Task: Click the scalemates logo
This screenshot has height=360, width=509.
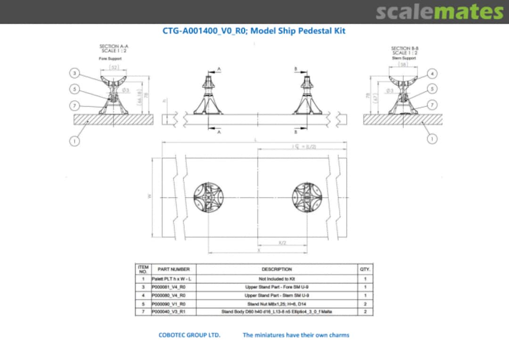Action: pyautogui.click(x=439, y=12)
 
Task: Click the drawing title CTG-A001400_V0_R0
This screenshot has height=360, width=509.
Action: pyautogui.click(x=254, y=31)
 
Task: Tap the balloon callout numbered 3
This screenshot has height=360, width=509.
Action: pyautogui.click(x=74, y=73)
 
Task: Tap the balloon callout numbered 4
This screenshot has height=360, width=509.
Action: pyautogui.click(x=433, y=73)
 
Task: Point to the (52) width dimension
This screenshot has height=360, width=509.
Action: pyautogui.click(x=114, y=67)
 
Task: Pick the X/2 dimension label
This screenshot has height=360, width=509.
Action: pyautogui.click(x=282, y=243)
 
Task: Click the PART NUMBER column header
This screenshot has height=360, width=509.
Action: pyautogui.click(x=173, y=270)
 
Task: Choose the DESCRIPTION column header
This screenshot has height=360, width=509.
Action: pyautogui.click(x=277, y=270)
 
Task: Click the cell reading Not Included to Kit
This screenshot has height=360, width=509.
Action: pyautogui.click(x=277, y=279)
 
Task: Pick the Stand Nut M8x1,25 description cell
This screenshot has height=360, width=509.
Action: pyautogui.click(x=277, y=304)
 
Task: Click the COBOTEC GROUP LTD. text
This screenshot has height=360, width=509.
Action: pyautogui.click(x=189, y=335)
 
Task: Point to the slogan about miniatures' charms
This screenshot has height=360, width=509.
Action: pyautogui.click(x=296, y=335)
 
